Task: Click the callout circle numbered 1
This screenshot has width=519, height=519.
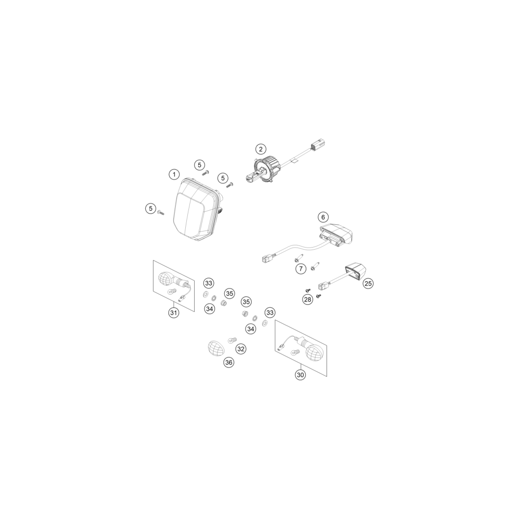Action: click(x=174, y=174)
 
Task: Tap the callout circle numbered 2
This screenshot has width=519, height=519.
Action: click(x=261, y=149)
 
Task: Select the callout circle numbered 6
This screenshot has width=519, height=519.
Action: click(x=323, y=217)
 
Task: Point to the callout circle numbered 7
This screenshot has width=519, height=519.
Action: click(x=301, y=268)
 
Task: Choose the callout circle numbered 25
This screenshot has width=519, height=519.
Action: click(x=368, y=283)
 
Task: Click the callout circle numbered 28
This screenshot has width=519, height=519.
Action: click(x=308, y=299)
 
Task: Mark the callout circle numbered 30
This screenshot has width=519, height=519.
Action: click(x=301, y=375)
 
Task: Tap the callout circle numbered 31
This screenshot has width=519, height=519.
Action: click(x=174, y=312)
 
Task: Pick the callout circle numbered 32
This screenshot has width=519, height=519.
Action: click(x=241, y=349)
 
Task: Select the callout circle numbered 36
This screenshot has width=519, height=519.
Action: click(x=229, y=362)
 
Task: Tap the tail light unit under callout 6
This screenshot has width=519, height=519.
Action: click(x=336, y=235)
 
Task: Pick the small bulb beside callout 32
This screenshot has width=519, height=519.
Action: click(x=232, y=339)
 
